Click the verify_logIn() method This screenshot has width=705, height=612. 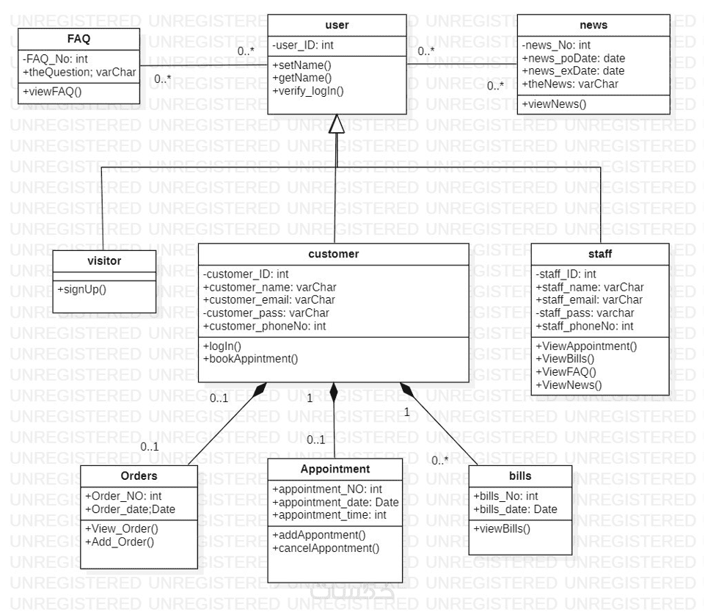[308, 91]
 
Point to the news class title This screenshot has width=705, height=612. [593, 25]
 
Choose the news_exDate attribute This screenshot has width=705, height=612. [573, 71]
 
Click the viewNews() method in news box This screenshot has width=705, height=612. [555, 103]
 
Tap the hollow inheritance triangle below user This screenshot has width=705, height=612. [336, 125]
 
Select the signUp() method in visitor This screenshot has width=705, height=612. [82, 288]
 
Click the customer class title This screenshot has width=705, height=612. [333, 254]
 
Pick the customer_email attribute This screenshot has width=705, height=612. [269, 299]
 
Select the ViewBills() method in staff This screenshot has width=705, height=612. [565, 359]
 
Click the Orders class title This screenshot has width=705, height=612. [139, 476]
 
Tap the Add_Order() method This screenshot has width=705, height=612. [120, 542]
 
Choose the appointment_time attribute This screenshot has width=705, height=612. [329, 516]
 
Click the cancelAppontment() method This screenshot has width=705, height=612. [326, 548]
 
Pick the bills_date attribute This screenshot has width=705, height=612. [515, 509]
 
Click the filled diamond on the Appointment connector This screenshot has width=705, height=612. [335, 392]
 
